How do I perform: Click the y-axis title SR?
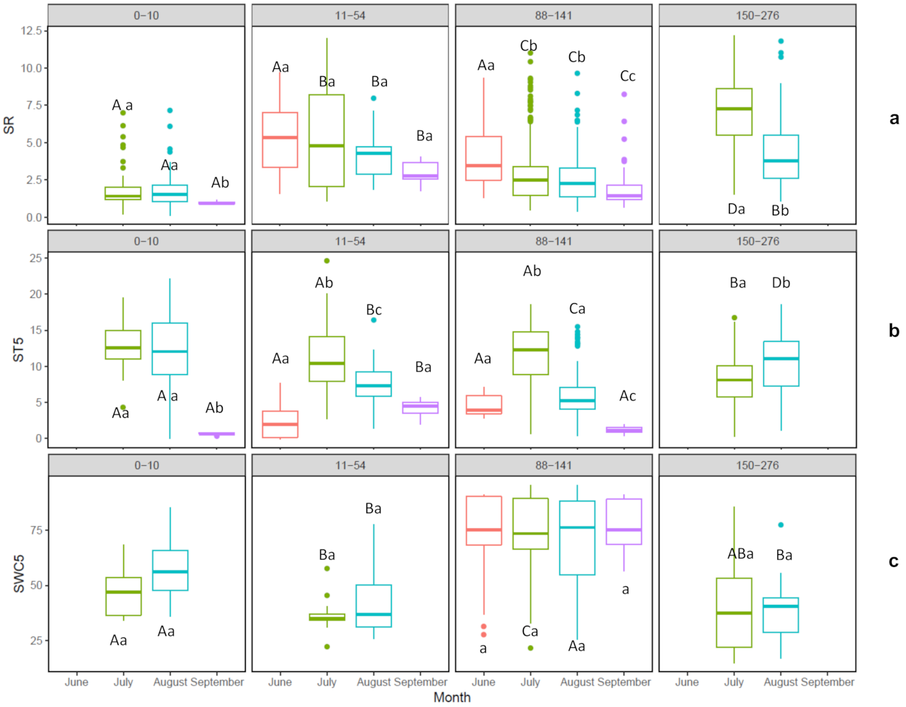[9, 125]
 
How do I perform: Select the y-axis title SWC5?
[19, 574]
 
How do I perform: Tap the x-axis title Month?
[452, 697]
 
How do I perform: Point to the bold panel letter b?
[893, 330]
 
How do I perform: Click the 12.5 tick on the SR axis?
[31, 30]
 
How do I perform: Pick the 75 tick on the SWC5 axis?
[36, 530]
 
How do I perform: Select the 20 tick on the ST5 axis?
[35, 294]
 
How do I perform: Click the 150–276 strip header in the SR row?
[757, 15]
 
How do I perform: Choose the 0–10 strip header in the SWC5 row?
[146, 465]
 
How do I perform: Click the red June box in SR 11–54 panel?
[280, 140]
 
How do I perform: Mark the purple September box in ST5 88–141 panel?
[624, 430]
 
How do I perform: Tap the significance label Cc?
[627, 76]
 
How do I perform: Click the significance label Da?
[736, 209]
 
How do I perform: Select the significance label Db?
[781, 283]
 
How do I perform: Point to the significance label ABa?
[740, 554]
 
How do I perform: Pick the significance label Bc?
[373, 310]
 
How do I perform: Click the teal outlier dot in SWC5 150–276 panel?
[781, 524]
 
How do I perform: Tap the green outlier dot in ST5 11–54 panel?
[327, 260]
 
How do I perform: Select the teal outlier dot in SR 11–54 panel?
[373, 98]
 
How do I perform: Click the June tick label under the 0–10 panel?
[76, 682]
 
